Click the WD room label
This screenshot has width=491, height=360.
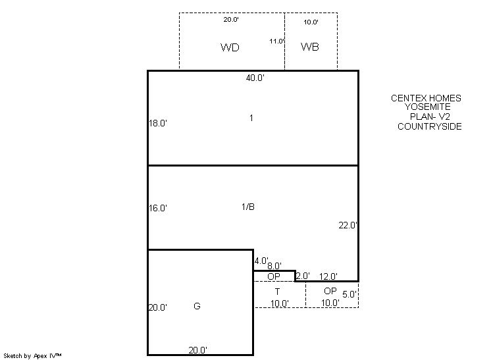coord(230,47)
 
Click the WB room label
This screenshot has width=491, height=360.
coord(310,47)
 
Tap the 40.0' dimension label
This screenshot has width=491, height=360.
coord(255,78)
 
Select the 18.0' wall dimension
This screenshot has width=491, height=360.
coord(158,123)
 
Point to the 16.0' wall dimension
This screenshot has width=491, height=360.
coord(158,208)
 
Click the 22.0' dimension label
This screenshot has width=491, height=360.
coord(348,225)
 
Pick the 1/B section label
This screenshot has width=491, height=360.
coord(248,207)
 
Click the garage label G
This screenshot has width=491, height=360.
coord(197,306)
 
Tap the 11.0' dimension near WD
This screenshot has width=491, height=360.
coord(277,41)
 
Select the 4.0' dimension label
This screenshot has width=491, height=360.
coord(261,261)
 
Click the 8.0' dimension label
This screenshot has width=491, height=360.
coord(274,266)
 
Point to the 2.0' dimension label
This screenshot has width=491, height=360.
coord(303,276)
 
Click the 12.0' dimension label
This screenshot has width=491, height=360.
coord(328,276)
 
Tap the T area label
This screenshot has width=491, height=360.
coord(277,292)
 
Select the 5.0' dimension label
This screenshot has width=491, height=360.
coord(349,294)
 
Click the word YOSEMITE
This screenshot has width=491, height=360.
coord(427,107)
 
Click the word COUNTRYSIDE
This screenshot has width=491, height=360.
coord(430,126)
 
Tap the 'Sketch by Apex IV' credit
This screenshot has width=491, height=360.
coord(32,356)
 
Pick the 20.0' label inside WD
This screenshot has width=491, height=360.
coord(231,19)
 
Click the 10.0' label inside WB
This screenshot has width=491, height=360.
coord(311,22)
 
